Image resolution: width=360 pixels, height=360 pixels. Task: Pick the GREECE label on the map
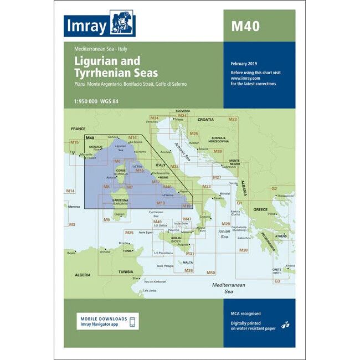point(260,209)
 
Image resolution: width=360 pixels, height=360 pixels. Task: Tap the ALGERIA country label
point(83,275)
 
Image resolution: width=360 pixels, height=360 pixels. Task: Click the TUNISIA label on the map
point(127,272)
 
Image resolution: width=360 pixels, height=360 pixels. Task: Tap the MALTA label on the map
point(188,262)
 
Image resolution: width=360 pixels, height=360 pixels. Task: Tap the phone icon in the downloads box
point(132,322)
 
